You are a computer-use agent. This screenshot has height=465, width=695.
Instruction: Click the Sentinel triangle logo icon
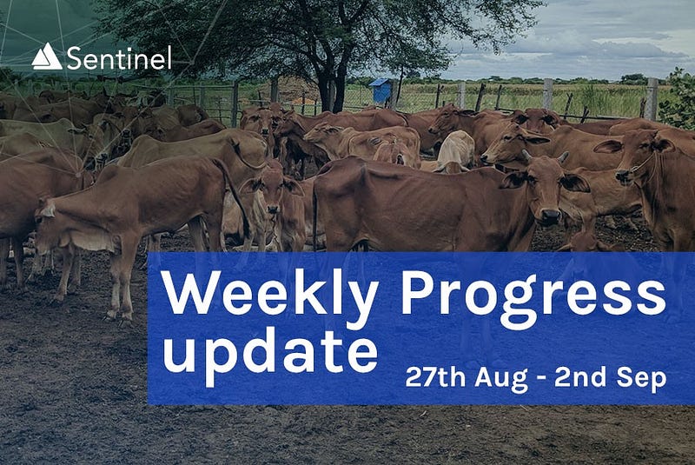pos(47,56)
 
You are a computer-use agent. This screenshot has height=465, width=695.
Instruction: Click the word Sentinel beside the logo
pos(119,58)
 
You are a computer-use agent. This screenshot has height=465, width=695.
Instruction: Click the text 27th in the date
pos(435,377)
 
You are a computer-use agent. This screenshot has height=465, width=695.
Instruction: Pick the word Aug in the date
pos(501,379)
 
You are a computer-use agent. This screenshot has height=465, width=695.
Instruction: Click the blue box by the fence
pos(381,91)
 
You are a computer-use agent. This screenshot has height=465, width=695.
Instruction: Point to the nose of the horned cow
pos(551,216)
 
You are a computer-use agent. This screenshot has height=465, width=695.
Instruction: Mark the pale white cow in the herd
pos(455,151)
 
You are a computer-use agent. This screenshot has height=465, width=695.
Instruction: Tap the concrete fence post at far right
pos(652,99)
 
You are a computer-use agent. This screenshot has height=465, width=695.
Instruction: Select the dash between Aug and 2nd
pos(541,379)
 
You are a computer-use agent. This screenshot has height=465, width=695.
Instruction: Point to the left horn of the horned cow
pos(526,156)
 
